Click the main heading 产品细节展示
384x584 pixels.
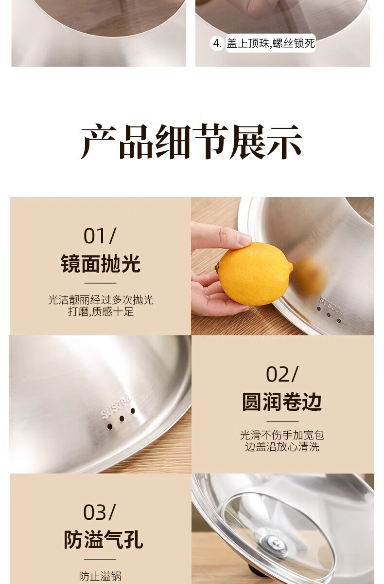pos(192,142)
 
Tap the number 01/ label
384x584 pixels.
pos(100,236)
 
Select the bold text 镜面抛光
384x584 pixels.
pos(101,264)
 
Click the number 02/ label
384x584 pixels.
pos(282,374)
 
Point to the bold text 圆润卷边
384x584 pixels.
pos(282,402)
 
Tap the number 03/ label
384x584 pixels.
pos(100,512)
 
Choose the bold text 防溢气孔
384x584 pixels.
pos(104,540)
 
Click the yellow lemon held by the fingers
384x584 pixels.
pos(254,274)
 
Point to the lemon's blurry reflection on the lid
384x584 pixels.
pos(310,277)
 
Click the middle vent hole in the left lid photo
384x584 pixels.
pos(122,419)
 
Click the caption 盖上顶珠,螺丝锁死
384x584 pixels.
pos(271,43)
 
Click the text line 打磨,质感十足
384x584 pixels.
pos(101,311)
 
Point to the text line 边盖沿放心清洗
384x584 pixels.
pos(282,447)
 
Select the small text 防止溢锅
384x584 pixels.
pos(100,577)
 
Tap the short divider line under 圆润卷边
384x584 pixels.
pos(282,421)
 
